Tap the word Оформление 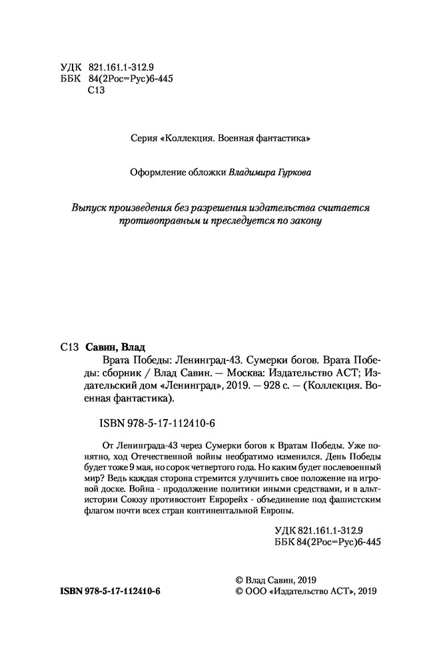coord(160,171)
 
